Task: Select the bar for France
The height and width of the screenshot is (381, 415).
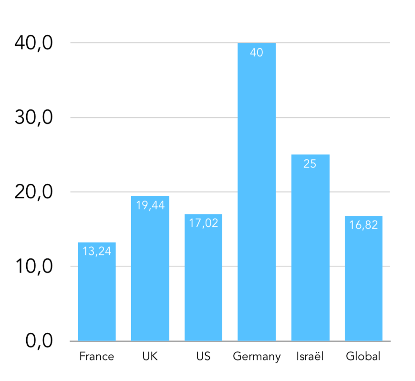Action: tap(97, 291)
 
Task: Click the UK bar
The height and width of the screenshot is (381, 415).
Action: tap(150, 268)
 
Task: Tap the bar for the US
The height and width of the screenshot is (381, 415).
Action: tap(203, 277)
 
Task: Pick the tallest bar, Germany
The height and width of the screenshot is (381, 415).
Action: tap(257, 192)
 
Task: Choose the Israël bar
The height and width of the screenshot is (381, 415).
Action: tap(311, 248)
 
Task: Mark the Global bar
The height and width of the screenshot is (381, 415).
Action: tap(363, 278)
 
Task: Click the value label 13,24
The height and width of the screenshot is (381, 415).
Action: tap(97, 251)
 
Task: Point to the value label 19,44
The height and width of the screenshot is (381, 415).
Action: tap(150, 205)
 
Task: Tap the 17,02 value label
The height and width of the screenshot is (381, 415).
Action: tap(204, 223)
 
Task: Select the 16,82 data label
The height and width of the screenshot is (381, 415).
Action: tap(363, 225)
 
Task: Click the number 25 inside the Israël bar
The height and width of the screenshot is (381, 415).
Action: tap(310, 164)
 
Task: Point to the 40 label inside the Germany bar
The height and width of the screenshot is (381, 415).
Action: tap(257, 53)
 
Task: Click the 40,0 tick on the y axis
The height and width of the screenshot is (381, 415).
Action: tap(34, 43)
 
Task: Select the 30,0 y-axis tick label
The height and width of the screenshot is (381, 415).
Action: tap(34, 117)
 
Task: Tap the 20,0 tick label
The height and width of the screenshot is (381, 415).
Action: tap(34, 192)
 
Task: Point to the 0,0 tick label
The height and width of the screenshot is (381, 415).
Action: tap(39, 341)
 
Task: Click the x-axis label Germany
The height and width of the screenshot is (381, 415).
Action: tap(257, 357)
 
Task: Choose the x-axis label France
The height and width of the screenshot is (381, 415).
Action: tap(97, 356)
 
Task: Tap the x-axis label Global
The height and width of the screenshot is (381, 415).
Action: tap(363, 356)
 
